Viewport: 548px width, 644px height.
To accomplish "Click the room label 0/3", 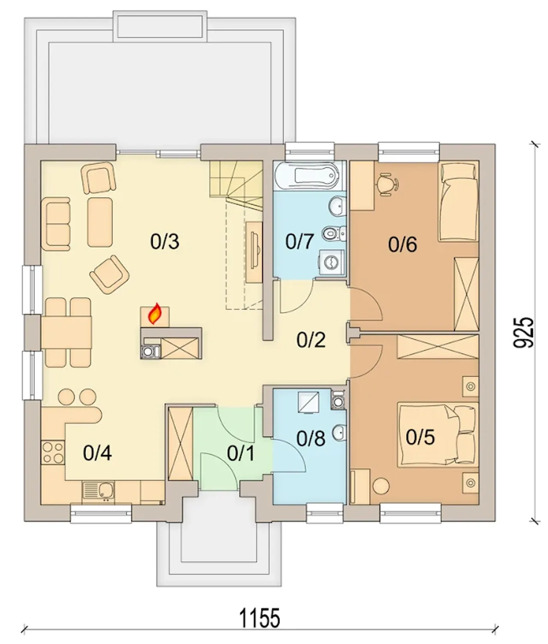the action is click(164, 242).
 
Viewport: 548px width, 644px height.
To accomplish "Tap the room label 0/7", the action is click(300, 242).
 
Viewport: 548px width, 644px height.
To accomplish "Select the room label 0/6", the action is click(402, 245).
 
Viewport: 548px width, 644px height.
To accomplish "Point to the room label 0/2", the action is click(311, 340).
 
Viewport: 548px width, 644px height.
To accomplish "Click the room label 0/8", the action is click(311, 439).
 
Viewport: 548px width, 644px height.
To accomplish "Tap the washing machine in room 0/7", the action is click(332, 262).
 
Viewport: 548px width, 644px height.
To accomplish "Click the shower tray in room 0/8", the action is click(309, 402).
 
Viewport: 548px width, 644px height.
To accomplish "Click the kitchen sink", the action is click(98, 492).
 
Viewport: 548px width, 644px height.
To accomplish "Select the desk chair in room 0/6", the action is click(387, 184).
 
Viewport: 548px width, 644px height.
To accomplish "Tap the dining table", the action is click(66, 332).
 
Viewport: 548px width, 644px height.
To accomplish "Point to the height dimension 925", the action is click(524, 332).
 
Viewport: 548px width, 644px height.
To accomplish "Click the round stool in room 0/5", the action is click(381, 486).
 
